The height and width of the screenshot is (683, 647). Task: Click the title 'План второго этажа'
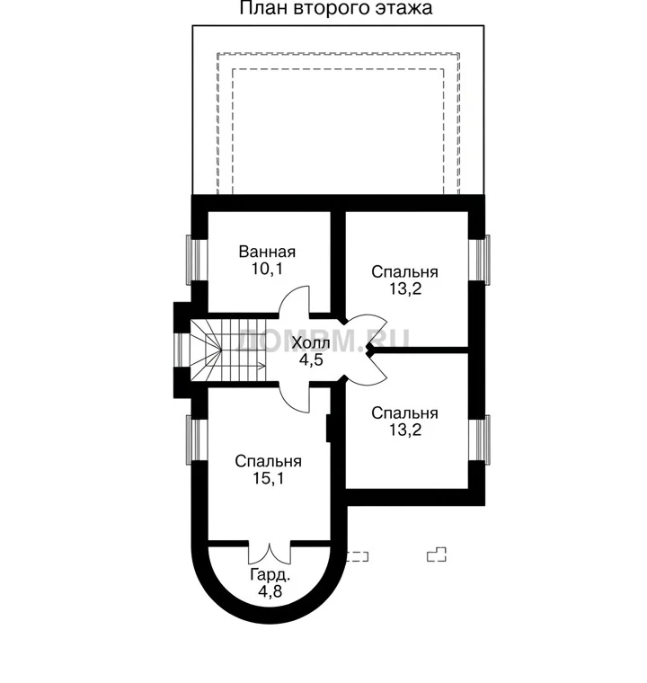[x=336, y=8]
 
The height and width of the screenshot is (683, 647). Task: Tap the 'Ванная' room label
[x=267, y=252]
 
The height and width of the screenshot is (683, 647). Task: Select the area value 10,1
[x=267, y=270]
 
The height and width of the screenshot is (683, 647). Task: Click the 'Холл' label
[x=311, y=343]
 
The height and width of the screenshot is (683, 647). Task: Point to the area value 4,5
[x=311, y=359]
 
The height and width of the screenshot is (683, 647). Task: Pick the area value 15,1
[x=269, y=479]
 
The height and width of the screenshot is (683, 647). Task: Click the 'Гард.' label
[x=270, y=575]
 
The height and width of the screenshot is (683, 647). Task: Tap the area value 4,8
[x=270, y=591]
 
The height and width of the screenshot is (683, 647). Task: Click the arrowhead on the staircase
[x=261, y=366]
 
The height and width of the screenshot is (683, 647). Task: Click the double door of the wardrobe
[x=270, y=554]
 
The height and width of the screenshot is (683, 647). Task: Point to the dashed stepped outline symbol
[x=437, y=554]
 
